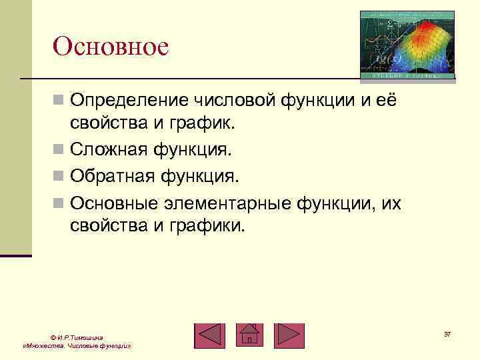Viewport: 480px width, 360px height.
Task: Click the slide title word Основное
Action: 111,47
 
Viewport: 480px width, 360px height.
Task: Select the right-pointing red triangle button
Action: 289,335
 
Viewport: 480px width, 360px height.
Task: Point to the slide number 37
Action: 447,333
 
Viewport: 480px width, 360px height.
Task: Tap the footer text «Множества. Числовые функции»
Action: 75,347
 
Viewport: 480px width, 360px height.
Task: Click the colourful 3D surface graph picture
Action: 407,45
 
